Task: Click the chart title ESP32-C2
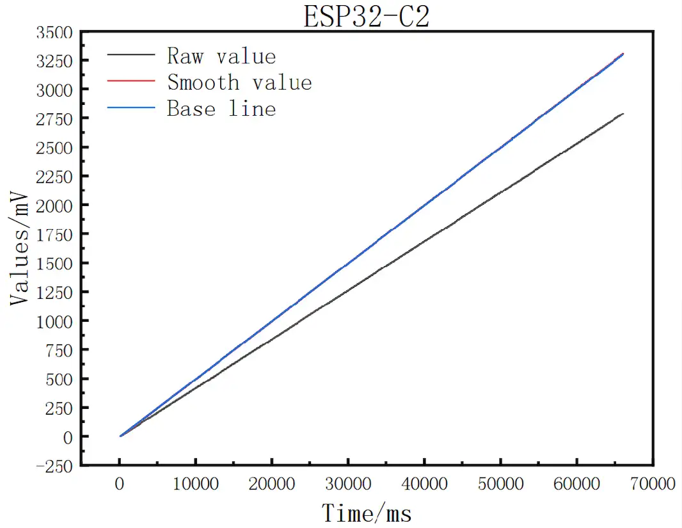(x=366, y=17)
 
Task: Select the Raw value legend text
(x=221, y=56)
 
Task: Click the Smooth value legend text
(x=239, y=83)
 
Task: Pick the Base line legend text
(x=221, y=109)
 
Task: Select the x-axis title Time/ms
(x=367, y=513)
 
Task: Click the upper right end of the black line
(x=623, y=114)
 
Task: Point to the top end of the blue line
(x=623, y=54)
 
